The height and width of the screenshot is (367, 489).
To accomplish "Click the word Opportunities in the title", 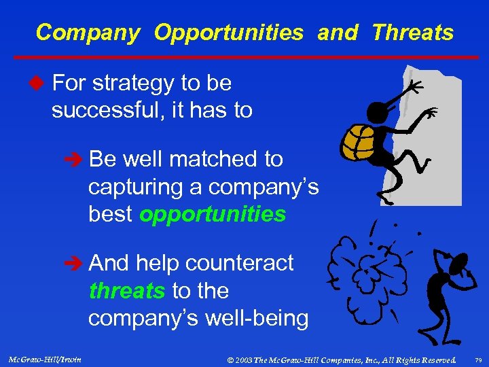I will pyautogui.click(x=228, y=33).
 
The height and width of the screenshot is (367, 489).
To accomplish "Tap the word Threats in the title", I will pyautogui.click(x=412, y=33).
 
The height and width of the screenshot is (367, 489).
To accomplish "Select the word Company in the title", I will pyautogui.click(x=88, y=33).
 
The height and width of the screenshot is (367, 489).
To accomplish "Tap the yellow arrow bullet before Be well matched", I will pyautogui.click(x=77, y=160).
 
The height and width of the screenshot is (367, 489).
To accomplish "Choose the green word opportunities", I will pyautogui.click(x=213, y=214).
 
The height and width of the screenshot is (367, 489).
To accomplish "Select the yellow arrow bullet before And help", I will pyautogui.click(x=77, y=263).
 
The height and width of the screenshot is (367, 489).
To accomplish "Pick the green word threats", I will pyautogui.click(x=127, y=291).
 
